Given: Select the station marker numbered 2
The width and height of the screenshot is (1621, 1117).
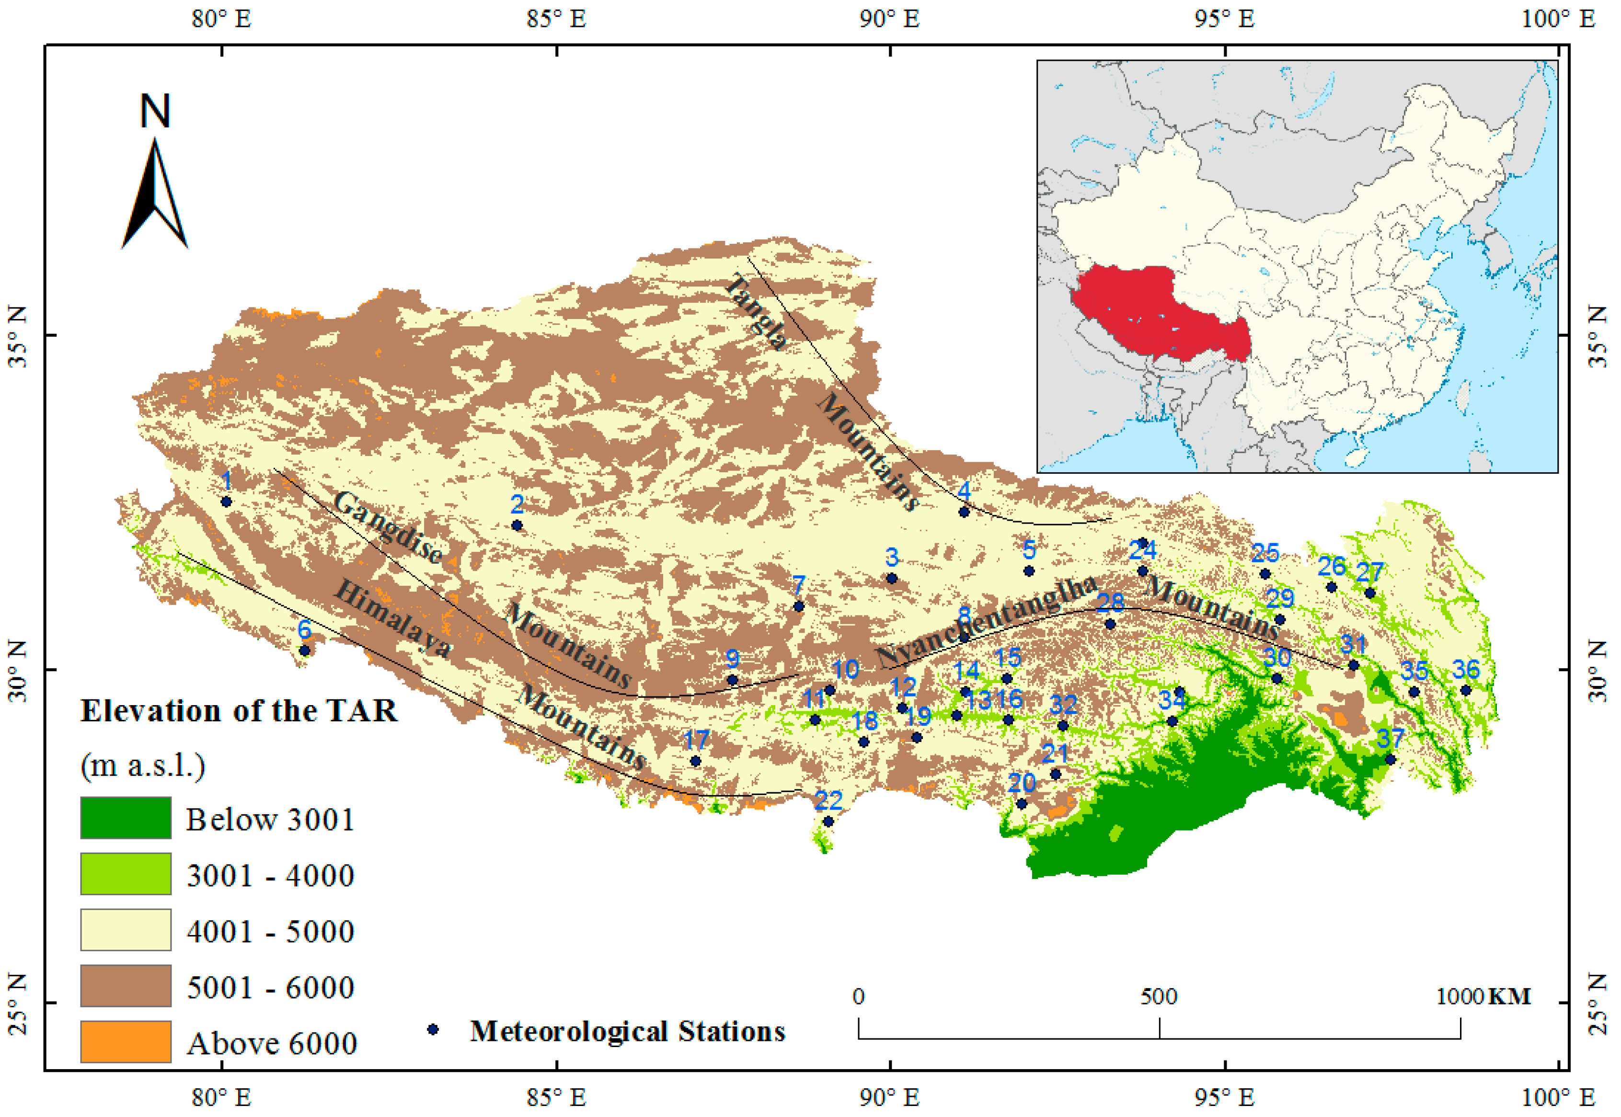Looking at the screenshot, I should click(x=517, y=525).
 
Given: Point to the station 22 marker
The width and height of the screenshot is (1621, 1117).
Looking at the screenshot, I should click(x=828, y=821).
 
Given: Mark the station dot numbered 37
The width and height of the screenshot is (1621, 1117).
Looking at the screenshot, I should click(x=1390, y=759).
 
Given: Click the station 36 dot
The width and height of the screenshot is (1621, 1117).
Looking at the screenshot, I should click(x=1465, y=691).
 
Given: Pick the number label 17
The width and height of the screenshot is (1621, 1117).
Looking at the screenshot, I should click(x=696, y=740).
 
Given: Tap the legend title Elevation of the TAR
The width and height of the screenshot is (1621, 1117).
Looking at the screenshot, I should click(x=239, y=711).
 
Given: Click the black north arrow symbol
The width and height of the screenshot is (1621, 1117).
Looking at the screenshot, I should click(x=155, y=193).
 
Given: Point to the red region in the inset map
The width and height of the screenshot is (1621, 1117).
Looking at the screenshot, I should click(x=1155, y=315).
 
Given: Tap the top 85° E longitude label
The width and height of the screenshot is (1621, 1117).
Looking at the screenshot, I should click(x=556, y=18).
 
